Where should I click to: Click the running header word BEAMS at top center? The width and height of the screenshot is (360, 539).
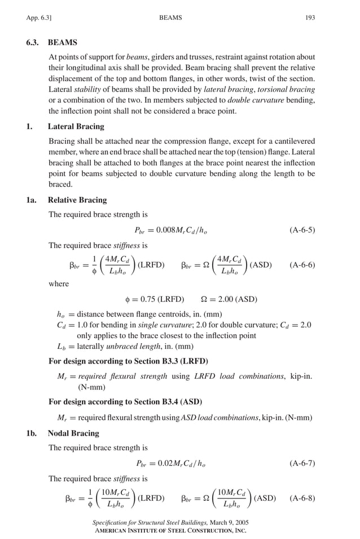pyautogui.click(x=171, y=18)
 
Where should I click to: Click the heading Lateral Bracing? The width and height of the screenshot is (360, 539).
pyautogui.click(x=76, y=126)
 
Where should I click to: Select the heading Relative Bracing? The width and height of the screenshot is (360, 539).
pyautogui.click(x=77, y=200)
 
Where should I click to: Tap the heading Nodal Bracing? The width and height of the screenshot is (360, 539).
pyautogui.click(x=73, y=433)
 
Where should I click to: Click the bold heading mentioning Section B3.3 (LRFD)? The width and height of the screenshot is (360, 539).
pyautogui.click(x=128, y=361)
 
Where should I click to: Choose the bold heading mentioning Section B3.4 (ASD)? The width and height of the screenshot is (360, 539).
pyautogui.click(x=125, y=402)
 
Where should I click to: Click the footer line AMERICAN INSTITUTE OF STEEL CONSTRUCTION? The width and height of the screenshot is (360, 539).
pyautogui.click(x=170, y=531)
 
